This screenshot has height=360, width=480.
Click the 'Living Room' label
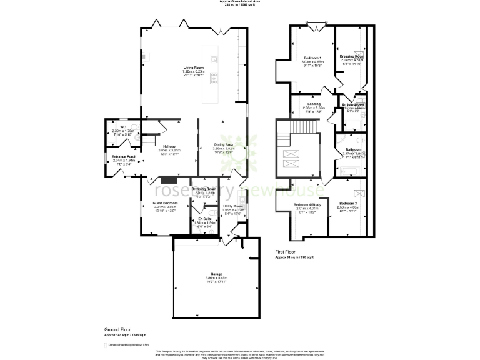[193, 67]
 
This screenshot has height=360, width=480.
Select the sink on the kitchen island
[214, 60]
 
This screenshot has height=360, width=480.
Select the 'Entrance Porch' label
[124, 156]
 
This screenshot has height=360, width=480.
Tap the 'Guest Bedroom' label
[166, 203]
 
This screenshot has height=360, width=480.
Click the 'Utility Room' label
[233, 206]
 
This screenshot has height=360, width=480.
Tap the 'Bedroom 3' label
[348, 204]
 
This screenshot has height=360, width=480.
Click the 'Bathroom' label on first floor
[354, 149]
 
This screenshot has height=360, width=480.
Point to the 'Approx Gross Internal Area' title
[240, 2]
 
